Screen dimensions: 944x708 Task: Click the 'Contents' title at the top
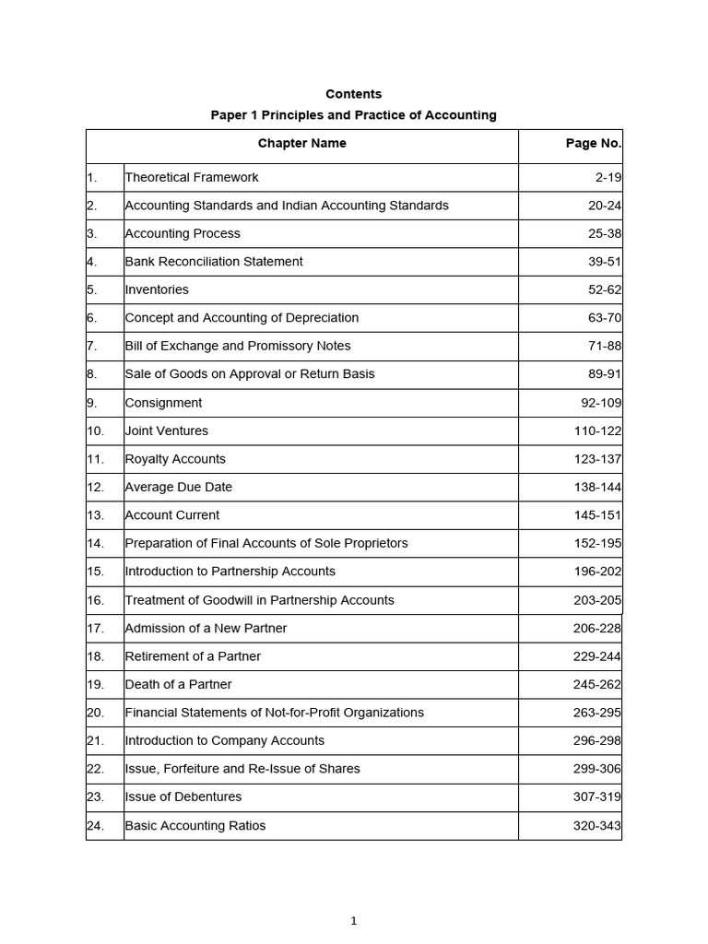pyautogui.click(x=353, y=94)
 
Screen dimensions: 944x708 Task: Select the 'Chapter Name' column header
pyautogui.click(x=302, y=143)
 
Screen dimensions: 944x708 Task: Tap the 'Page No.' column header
pyautogui.click(x=593, y=143)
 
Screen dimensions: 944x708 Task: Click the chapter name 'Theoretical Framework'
pyautogui.click(x=192, y=177)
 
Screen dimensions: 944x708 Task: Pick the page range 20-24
pyautogui.click(x=604, y=206)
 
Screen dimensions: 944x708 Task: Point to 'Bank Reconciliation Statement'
pyautogui.click(x=214, y=262)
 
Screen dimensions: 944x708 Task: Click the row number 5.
pyautogui.click(x=92, y=289)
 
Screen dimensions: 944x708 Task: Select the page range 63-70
pyautogui.click(x=604, y=318)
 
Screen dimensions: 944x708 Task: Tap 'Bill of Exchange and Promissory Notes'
pyautogui.click(x=238, y=346)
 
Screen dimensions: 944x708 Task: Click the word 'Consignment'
pyautogui.click(x=163, y=403)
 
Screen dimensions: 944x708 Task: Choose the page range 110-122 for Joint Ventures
pyautogui.click(x=597, y=431)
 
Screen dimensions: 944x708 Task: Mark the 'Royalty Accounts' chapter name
pyautogui.click(x=175, y=459)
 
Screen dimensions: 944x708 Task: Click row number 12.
pyautogui.click(x=96, y=487)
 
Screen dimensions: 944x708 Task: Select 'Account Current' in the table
pyautogui.click(x=172, y=515)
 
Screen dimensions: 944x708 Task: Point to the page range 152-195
pyautogui.click(x=597, y=543)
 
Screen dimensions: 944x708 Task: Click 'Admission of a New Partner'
pyautogui.click(x=206, y=628)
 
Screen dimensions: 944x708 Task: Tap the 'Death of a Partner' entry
pyautogui.click(x=178, y=684)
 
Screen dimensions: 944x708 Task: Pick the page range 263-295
pyautogui.click(x=597, y=713)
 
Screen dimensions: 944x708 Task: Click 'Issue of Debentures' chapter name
pyautogui.click(x=183, y=797)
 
